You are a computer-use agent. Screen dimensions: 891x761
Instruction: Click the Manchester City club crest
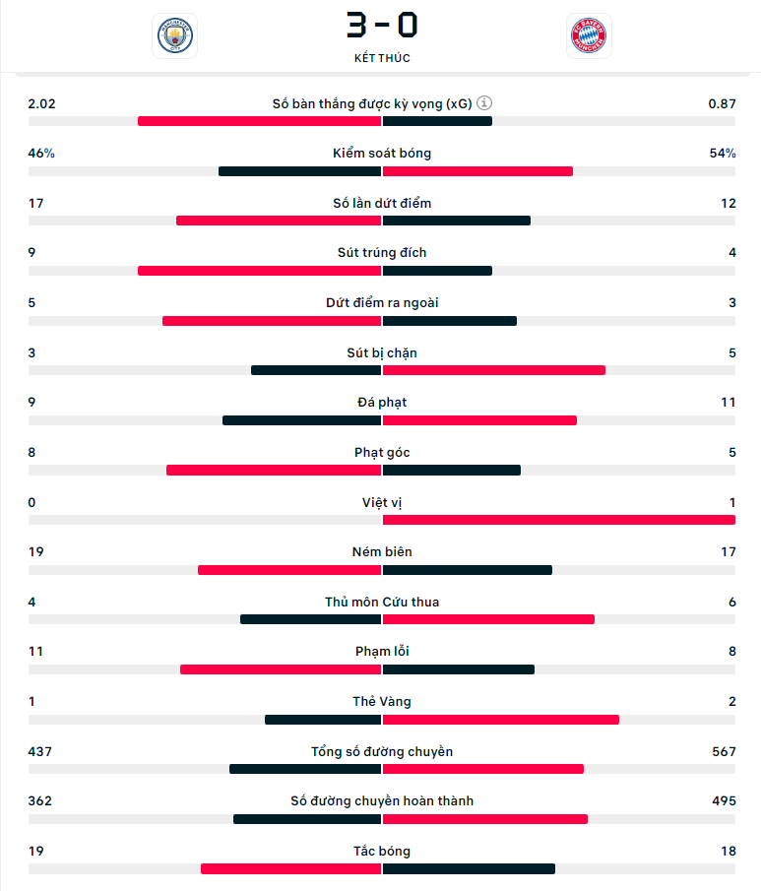click(175, 36)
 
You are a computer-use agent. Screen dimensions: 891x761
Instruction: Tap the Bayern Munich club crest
click(589, 36)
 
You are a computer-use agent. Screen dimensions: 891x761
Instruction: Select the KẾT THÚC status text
click(382, 58)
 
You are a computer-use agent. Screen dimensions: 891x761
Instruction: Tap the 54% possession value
click(723, 154)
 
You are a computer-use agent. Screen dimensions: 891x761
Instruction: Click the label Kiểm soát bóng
click(382, 154)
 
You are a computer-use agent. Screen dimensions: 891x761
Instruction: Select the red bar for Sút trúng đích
click(260, 271)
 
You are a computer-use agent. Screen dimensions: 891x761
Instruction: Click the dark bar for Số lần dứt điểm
click(457, 221)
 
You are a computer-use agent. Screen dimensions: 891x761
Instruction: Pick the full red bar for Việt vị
click(559, 520)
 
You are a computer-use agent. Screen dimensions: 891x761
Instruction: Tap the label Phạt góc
click(382, 453)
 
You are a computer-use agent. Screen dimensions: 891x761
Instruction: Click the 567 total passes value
click(724, 752)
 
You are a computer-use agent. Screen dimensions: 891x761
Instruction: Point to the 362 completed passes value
click(40, 801)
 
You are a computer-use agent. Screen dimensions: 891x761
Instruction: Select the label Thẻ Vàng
click(382, 702)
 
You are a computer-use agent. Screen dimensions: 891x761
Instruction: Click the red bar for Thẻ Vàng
click(501, 720)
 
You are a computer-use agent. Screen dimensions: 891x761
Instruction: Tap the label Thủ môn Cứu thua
click(382, 603)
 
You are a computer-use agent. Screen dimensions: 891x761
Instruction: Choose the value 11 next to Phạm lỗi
click(36, 652)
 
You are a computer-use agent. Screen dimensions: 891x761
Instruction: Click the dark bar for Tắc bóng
click(469, 869)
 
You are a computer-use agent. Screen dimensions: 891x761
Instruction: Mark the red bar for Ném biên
click(289, 570)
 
